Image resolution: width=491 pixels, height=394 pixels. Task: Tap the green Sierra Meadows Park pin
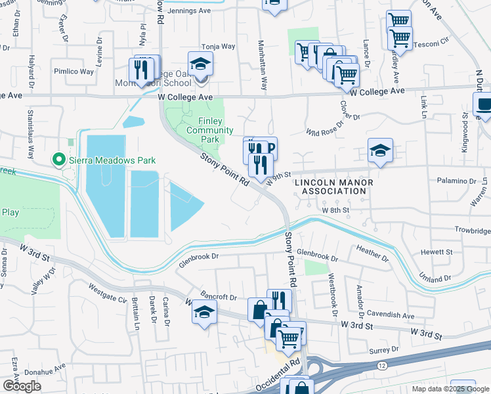tap(58, 159)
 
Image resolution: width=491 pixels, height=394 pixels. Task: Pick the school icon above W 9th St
tap(380, 150)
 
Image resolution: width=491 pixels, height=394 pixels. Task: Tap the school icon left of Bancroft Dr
tap(204, 313)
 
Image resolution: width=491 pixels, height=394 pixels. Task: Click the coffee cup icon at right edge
tap(484, 105)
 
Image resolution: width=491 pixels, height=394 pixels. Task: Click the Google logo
tap(22, 386)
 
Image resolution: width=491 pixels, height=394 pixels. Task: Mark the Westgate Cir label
tap(107, 293)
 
